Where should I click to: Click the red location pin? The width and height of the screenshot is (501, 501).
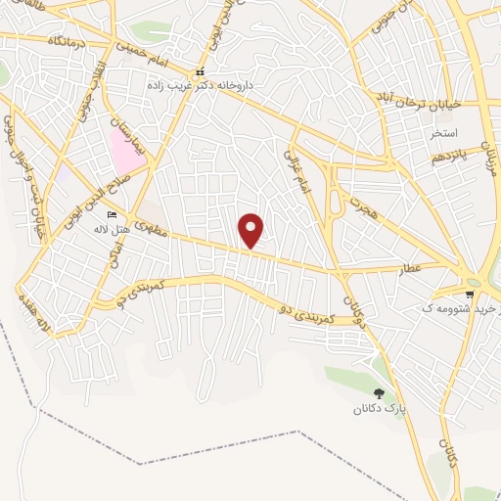click(x=251, y=230)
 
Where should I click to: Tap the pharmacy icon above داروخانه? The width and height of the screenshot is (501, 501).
click(x=200, y=71)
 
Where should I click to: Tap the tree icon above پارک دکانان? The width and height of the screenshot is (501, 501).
click(x=379, y=392)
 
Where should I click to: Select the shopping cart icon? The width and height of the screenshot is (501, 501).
click(x=472, y=293)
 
